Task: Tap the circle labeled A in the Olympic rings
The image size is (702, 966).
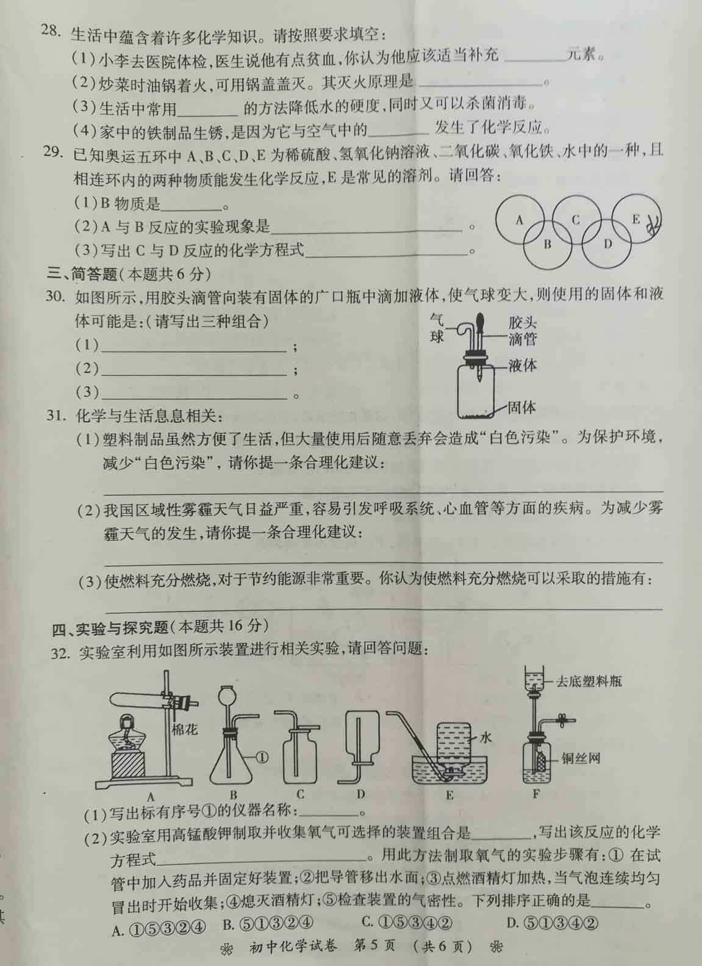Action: (x=520, y=220)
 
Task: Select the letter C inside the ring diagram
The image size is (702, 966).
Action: (x=575, y=220)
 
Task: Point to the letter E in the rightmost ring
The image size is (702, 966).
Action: (x=636, y=219)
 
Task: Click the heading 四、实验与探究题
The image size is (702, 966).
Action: (x=110, y=627)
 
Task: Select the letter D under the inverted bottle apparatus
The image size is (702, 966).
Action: (x=360, y=793)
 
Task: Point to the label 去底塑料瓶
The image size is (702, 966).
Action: (x=588, y=682)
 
